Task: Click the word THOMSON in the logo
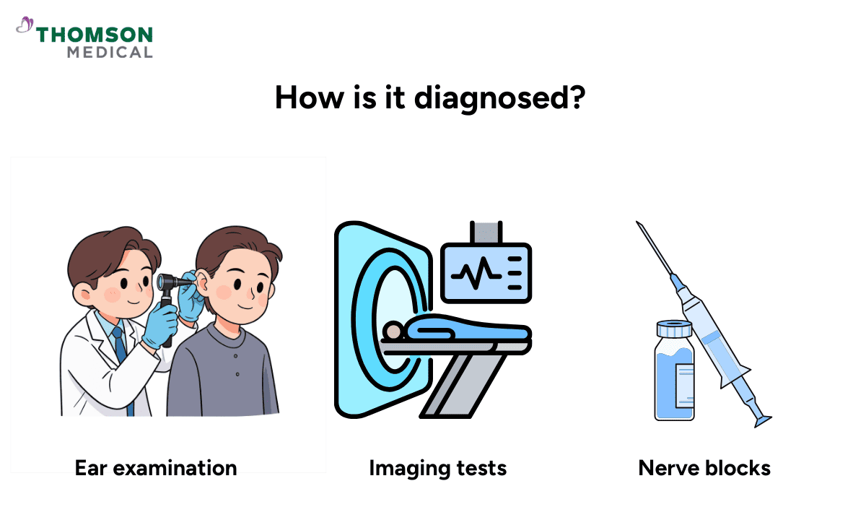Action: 95,35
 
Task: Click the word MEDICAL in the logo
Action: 110,52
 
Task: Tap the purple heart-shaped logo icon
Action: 25,27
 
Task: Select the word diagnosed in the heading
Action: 499,97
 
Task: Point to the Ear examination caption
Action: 156,468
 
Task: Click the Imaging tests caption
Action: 437,468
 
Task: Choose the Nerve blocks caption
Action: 704,468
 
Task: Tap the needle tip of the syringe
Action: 639,225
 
